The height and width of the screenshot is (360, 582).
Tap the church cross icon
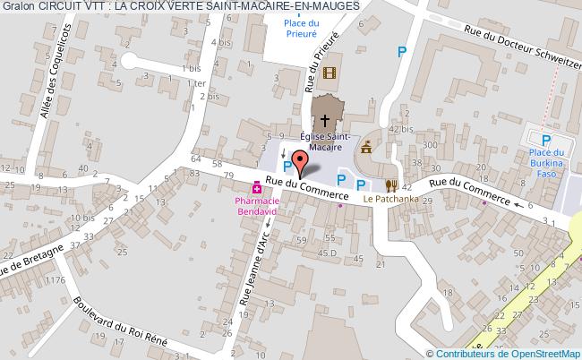(324, 116)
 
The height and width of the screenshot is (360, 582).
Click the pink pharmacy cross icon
(257, 188)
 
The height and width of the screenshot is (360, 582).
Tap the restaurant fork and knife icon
(391, 185)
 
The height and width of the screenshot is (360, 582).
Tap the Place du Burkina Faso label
(548, 164)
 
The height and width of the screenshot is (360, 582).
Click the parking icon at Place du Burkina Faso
(546, 140)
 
